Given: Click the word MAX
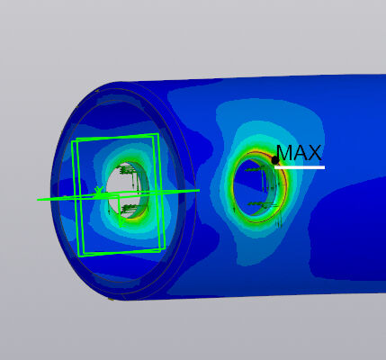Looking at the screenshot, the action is click(299, 153).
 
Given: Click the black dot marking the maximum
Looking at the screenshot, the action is click(275, 160).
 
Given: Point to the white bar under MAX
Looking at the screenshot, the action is click(300, 167).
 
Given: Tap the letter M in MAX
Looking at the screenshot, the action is click(283, 153).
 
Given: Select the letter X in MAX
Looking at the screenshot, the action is click(314, 153).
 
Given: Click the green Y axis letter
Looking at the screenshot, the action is click(99, 191).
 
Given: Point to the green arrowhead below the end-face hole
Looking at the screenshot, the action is click(121, 223).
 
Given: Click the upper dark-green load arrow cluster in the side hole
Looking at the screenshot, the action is click(255, 170).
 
